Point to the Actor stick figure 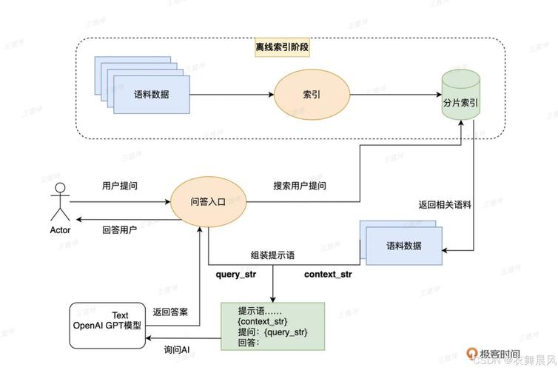(x=60, y=203)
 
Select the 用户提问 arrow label (x=119, y=185)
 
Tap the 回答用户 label (x=119, y=230)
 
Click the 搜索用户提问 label (x=299, y=186)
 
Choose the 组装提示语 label (x=272, y=255)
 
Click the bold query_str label (x=236, y=275)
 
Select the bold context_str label (x=328, y=275)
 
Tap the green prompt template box (x=272, y=326)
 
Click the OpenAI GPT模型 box (x=107, y=325)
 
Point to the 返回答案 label (x=169, y=312)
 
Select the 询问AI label (x=177, y=349)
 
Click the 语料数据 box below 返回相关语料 (x=405, y=245)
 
